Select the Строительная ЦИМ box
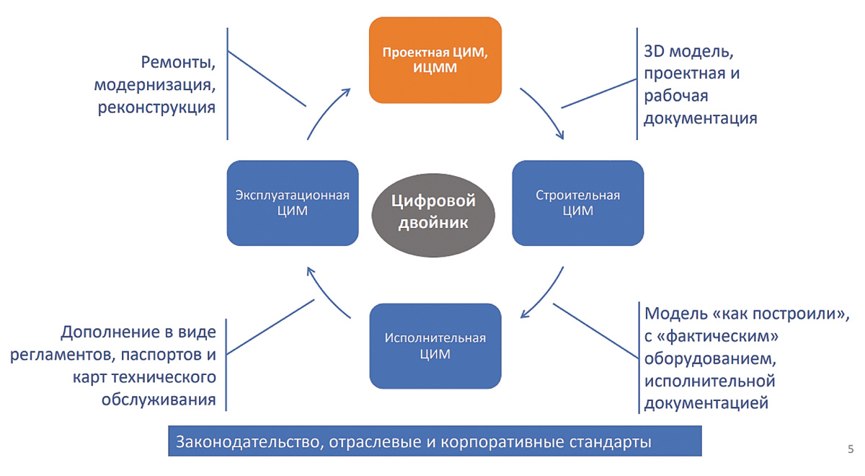[x=577, y=203]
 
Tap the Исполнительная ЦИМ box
[x=435, y=345]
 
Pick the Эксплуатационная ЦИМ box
[x=292, y=203]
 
